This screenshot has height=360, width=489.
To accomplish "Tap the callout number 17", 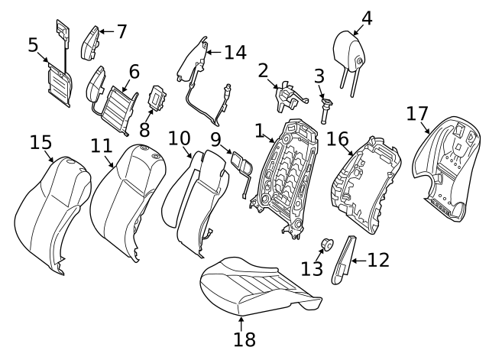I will point(416,115).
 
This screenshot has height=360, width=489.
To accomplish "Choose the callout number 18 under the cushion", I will point(244,339).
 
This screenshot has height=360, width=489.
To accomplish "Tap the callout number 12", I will point(377,261).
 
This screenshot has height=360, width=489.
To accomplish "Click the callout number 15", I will point(40,142).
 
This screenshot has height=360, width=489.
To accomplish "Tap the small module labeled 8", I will point(158,100).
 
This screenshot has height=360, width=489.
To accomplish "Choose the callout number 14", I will point(235,52).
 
